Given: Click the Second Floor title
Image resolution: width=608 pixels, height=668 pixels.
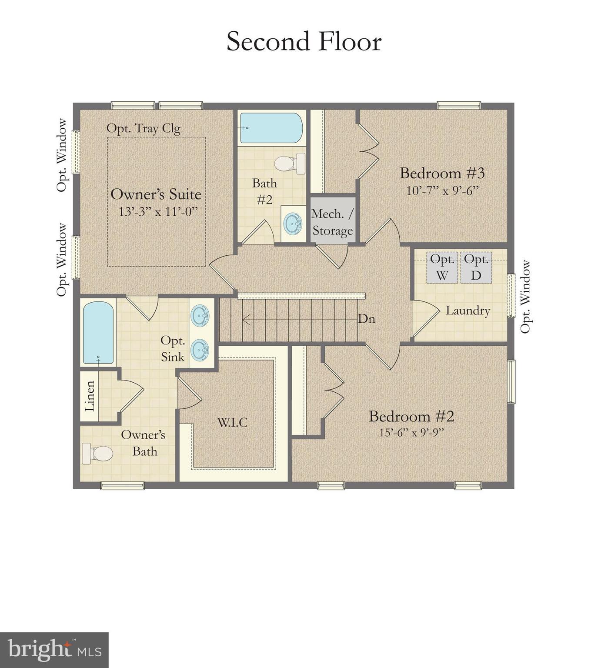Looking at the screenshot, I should tap(304, 42).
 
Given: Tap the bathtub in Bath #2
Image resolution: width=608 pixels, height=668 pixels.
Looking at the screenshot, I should tap(271, 128).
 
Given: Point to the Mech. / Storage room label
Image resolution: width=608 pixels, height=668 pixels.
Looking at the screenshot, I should tap(332, 222).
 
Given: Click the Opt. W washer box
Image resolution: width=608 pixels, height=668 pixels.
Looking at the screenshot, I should tap(442, 268).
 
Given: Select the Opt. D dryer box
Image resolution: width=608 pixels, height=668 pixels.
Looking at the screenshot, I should tap(476, 268).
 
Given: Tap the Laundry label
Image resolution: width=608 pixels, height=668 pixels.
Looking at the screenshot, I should tap(468, 311).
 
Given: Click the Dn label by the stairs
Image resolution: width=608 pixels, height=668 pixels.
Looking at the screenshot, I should tap(366, 319).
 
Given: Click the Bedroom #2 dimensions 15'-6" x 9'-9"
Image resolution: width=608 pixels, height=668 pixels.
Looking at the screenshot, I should tap(411, 432).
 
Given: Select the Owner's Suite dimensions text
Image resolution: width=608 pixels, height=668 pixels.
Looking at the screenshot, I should tap(158, 211).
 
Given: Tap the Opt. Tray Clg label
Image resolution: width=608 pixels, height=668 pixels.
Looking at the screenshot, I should tap(144, 128).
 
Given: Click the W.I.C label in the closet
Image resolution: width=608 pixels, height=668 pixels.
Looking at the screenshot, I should tap(232, 422).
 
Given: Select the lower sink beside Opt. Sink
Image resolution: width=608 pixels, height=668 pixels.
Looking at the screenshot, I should tap(200, 349).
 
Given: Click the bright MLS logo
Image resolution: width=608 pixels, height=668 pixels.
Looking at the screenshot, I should tap(54, 650).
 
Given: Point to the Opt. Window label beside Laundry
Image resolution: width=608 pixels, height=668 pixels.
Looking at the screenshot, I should tap(526, 297).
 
